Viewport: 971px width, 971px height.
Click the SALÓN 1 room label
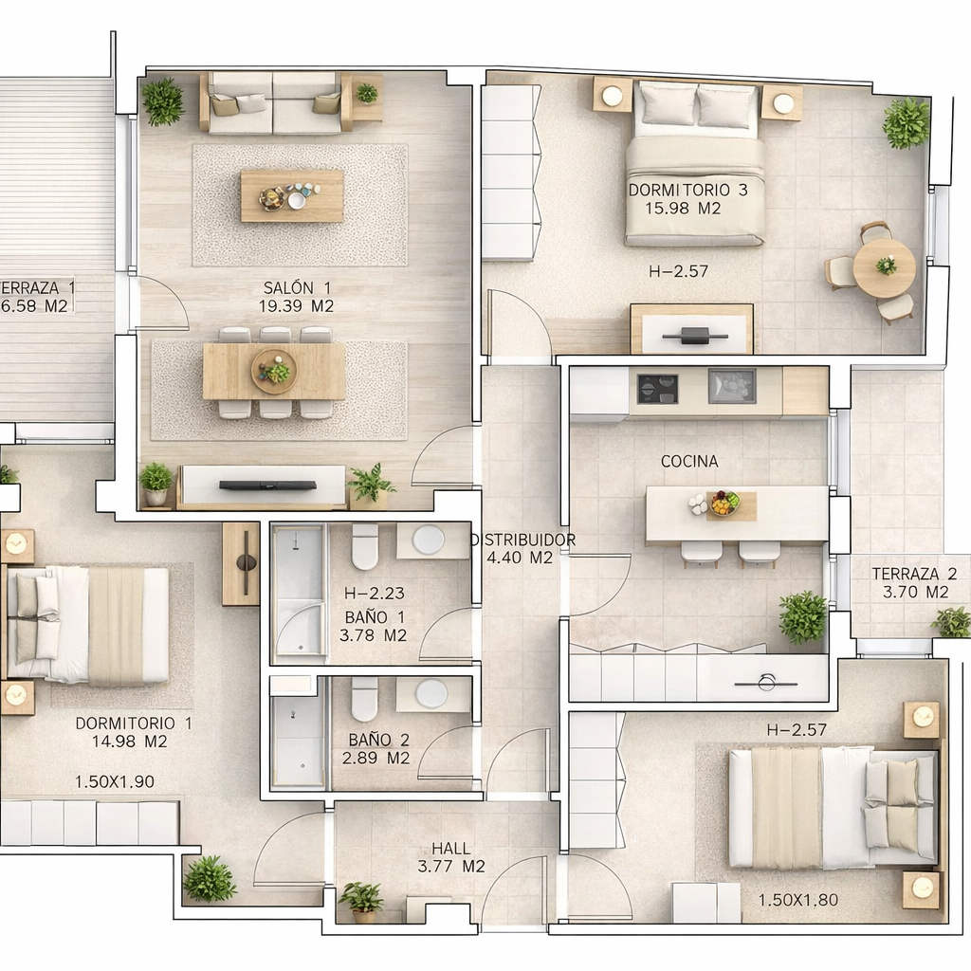(297, 288)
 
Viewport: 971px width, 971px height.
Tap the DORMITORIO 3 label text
(688, 190)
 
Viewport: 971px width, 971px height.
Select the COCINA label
(689, 462)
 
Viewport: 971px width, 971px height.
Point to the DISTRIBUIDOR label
(523, 540)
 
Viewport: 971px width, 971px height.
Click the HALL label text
(450, 849)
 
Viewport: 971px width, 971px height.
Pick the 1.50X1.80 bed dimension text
(798, 900)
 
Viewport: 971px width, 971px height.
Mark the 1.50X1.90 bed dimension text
(115, 782)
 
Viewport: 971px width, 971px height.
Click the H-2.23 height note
(374, 594)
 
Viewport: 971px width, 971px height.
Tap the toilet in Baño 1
(365, 547)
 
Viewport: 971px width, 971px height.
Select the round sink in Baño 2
(431, 693)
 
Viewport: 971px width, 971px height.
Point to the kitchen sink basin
(732, 386)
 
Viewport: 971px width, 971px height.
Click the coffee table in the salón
(292, 195)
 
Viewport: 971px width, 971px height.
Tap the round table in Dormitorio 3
(885, 268)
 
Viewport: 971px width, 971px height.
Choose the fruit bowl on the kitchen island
(724, 503)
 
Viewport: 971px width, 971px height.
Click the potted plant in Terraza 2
(951, 622)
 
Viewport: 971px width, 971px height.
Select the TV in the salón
(268, 485)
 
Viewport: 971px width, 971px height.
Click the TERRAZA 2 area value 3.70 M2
(915, 593)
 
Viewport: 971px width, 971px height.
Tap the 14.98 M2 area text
(129, 742)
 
